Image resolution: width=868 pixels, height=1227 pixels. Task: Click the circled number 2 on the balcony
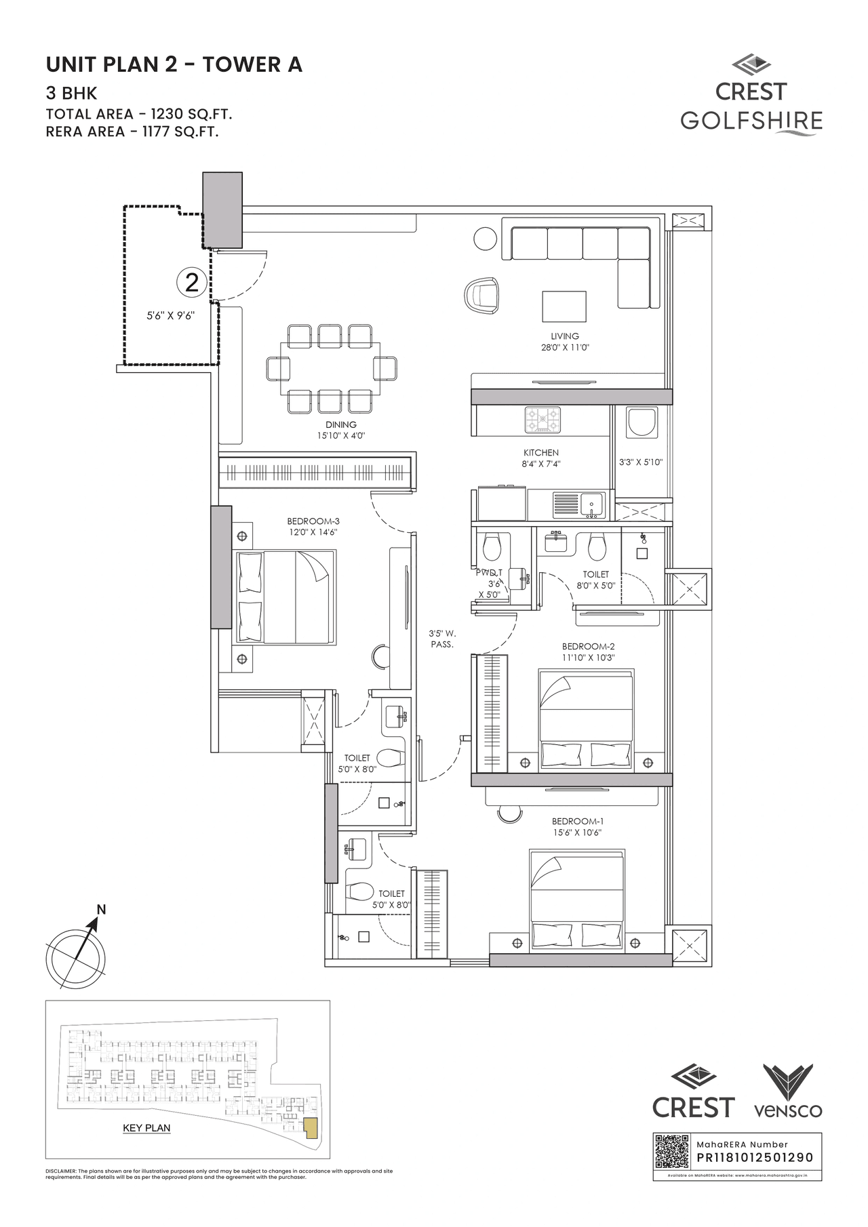(x=192, y=282)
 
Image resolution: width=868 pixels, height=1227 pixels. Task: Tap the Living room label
(x=564, y=336)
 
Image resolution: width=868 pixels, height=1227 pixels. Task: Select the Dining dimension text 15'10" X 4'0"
(x=340, y=436)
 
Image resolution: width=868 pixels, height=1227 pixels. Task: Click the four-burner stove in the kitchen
(x=542, y=420)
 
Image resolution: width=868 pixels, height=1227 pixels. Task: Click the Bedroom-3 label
(x=313, y=521)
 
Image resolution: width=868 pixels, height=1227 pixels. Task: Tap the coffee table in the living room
(x=564, y=306)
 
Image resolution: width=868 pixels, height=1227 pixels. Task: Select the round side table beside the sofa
(x=485, y=239)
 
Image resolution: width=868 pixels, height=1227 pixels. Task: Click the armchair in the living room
(x=481, y=296)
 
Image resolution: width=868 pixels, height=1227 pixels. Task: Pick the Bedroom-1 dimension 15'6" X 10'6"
(x=577, y=832)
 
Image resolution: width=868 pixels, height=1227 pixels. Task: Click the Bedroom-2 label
(x=588, y=647)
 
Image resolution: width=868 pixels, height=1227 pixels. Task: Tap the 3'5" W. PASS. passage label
(x=442, y=639)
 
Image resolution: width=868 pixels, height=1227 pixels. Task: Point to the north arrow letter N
(x=101, y=909)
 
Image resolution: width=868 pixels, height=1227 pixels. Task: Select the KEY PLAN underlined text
(x=146, y=1128)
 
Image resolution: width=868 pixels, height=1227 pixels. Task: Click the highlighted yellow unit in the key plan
(x=311, y=1128)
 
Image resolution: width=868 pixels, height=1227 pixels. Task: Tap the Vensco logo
(x=788, y=1091)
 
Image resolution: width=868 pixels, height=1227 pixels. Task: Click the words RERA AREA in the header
(x=85, y=132)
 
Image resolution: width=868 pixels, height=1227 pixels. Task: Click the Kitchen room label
(x=540, y=452)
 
